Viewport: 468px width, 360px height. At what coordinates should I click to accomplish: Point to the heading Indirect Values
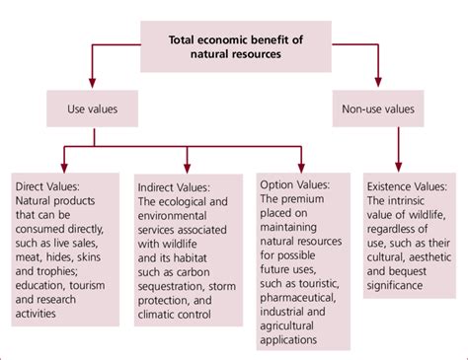click(180, 183)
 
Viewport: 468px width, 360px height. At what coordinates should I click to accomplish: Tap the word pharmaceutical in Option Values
click(305, 295)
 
